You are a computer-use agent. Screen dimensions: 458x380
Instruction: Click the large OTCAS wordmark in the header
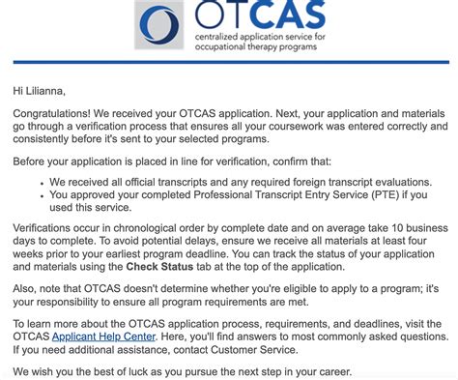click(x=243, y=16)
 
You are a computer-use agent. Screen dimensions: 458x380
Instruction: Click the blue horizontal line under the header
click(x=229, y=63)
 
